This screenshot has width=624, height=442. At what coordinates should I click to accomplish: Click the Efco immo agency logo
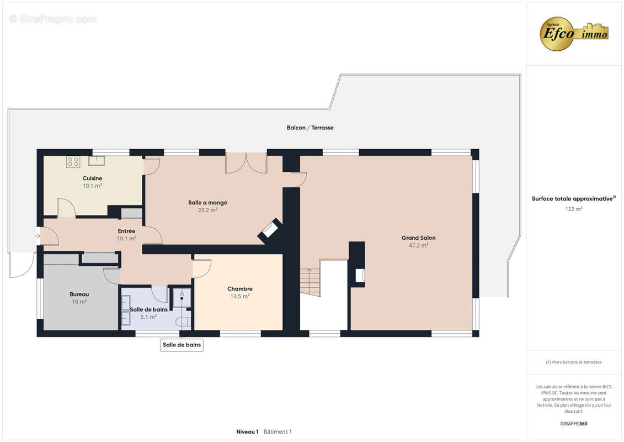click(574, 34)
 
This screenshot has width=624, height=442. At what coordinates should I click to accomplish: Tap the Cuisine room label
click(92, 178)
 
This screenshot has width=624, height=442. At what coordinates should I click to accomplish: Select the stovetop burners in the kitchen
click(73, 161)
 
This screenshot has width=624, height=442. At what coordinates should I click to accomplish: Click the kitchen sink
click(97, 161)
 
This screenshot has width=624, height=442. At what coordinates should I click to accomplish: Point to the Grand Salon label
click(418, 238)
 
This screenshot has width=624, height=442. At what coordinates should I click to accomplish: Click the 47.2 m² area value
click(418, 245)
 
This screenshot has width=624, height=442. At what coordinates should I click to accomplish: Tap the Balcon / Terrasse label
click(310, 128)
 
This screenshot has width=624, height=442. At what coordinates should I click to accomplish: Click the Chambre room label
click(240, 288)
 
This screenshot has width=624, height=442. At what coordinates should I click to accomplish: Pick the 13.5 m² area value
click(240, 296)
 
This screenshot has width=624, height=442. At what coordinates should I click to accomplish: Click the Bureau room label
click(79, 294)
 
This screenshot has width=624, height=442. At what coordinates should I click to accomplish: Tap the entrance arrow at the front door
click(38, 236)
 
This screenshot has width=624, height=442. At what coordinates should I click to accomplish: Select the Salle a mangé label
click(208, 202)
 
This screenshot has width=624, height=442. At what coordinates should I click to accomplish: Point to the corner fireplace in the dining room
click(270, 230)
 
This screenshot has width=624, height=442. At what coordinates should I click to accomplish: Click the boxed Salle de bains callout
click(182, 345)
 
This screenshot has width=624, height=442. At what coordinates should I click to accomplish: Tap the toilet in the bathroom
click(184, 322)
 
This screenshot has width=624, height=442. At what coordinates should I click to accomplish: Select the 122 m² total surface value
click(574, 209)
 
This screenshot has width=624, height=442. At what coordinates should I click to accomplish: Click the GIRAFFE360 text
click(574, 424)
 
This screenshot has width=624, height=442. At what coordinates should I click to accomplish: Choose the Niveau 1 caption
click(247, 432)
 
